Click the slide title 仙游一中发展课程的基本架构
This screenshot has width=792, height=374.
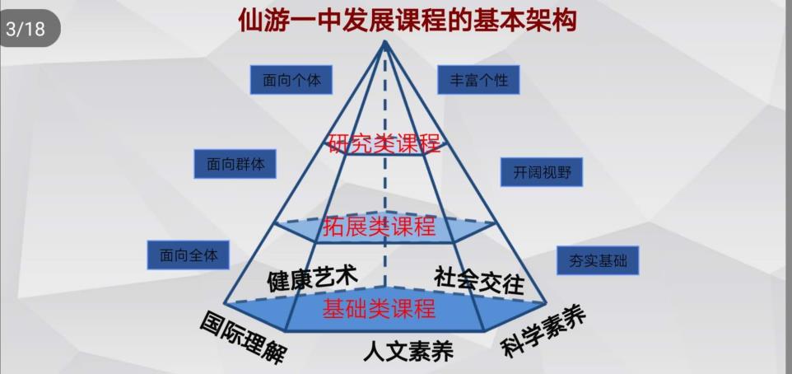[x=408, y=21]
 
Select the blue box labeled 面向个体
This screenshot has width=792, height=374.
[x=291, y=80]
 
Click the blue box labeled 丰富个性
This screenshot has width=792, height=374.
[x=478, y=80]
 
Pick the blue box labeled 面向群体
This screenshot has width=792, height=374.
[x=235, y=164]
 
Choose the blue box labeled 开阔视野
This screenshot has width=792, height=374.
[x=542, y=172]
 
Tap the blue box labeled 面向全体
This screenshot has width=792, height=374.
[x=189, y=255]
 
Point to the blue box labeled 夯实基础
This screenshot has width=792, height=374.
[x=598, y=261]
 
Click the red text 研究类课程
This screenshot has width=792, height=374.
[x=384, y=144]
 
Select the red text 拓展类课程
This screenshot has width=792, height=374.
[x=379, y=226]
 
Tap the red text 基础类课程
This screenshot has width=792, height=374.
[x=379, y=308]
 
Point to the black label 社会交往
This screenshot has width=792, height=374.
[x=479, y=279]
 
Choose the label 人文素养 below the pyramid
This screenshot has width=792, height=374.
[x=408, y=351]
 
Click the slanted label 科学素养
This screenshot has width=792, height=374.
[x=543, y=331]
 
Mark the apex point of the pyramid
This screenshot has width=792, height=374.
[x=385, y=43]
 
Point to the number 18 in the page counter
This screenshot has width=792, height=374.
[x=35, y=29]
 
